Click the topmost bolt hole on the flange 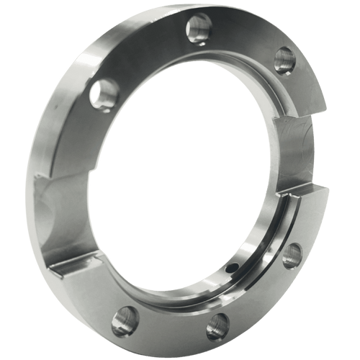198,29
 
